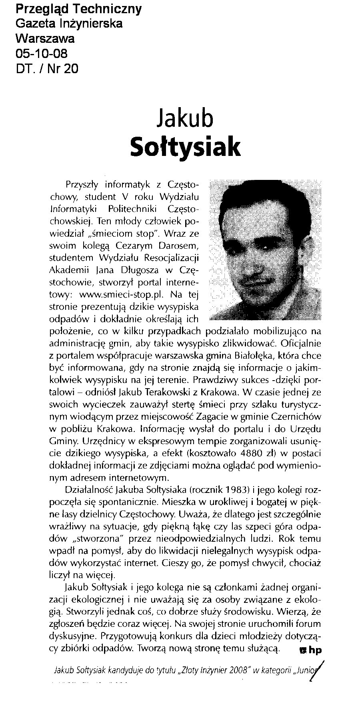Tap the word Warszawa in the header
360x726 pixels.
45,39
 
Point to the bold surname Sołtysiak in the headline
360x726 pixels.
186,147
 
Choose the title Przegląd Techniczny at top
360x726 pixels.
78,9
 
